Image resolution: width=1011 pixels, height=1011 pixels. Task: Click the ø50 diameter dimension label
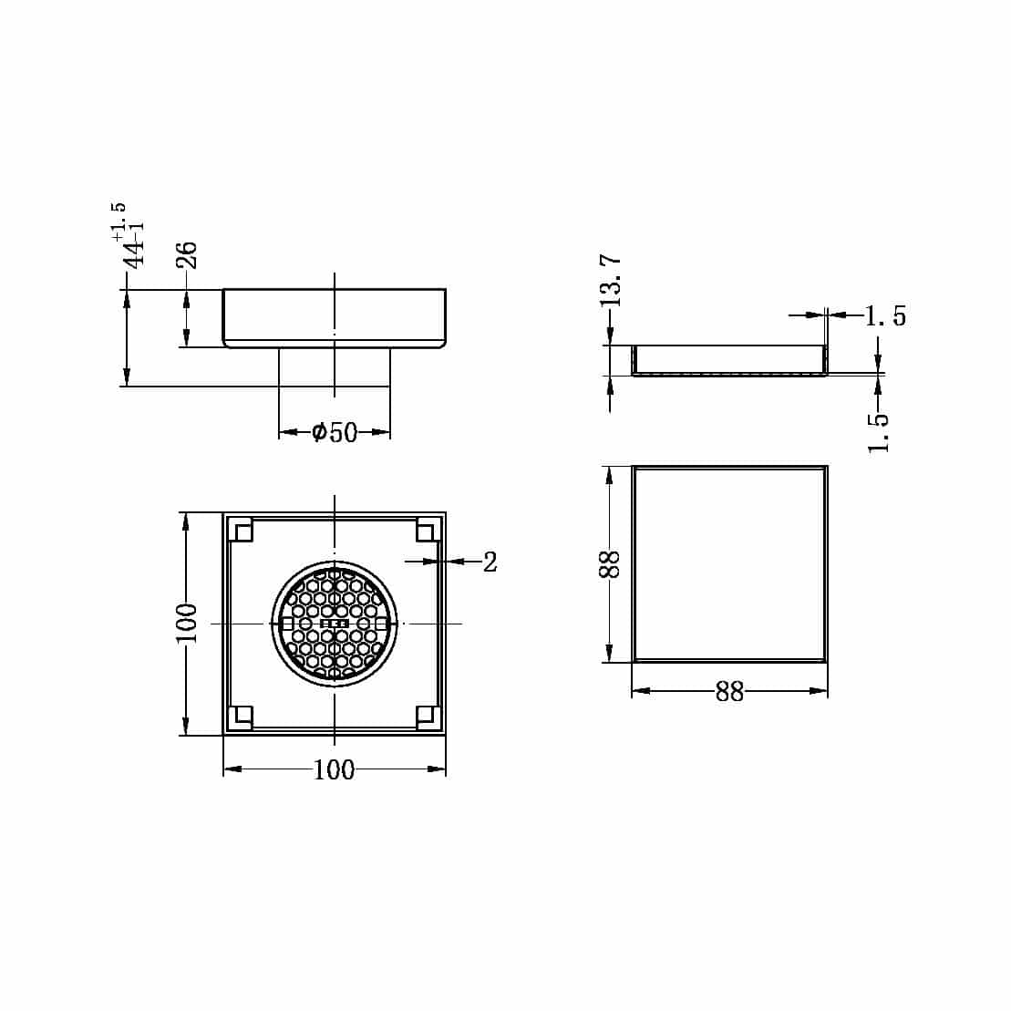[335, 432]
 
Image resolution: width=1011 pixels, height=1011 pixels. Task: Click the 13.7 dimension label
[612, 280]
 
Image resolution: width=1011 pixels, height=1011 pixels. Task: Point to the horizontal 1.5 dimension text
[885, 316]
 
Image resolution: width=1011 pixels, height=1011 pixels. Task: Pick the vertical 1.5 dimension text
[878, 431]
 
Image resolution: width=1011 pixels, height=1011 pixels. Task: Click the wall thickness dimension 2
[490, 562]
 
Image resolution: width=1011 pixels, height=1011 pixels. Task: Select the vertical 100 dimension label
[186, 624]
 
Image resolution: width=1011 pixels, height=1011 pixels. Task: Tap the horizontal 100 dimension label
[334, 770]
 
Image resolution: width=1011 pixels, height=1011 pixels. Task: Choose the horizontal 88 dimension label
[729, 692]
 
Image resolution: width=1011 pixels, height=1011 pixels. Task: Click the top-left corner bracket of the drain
[241, 530]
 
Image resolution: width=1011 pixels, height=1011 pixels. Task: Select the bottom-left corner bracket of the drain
[241, 717]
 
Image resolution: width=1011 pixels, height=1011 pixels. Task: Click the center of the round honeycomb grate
[335, 624]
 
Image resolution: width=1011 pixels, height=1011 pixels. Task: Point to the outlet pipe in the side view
[335, 366]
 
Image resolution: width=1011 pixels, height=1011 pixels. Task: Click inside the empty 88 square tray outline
[729, 563]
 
